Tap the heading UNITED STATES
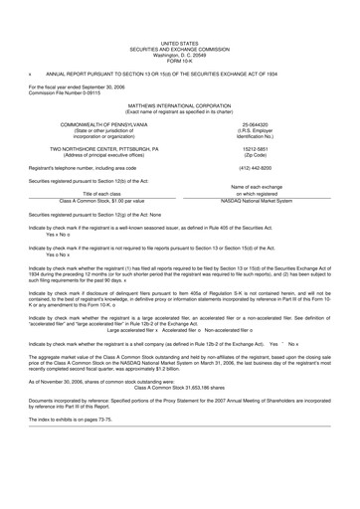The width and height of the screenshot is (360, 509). (x=179, y=17)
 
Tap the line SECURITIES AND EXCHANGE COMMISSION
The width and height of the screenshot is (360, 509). (x=179, y=22)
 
